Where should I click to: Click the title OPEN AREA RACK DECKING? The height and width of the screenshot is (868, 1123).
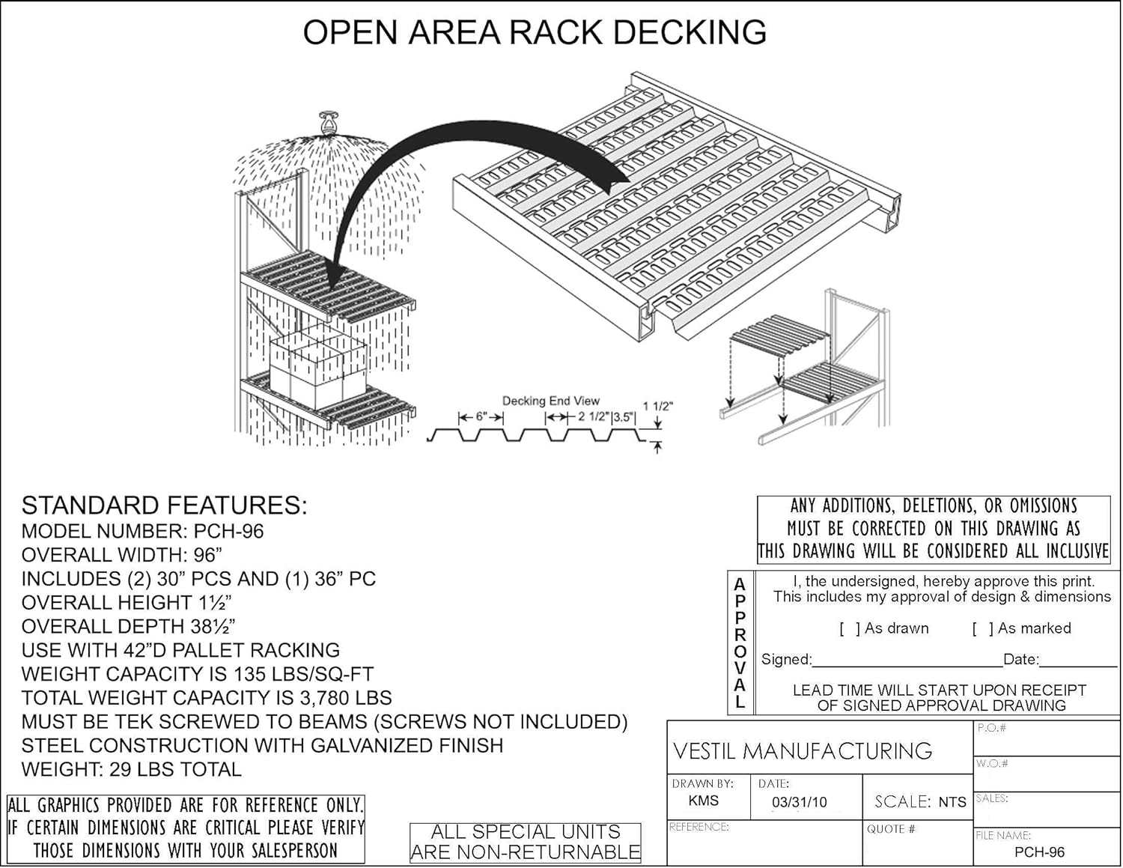click(x=535, y=33)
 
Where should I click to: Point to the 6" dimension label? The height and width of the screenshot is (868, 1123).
click(x=481, y=416)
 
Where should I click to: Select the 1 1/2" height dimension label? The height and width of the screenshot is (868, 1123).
click(x=657, y=407)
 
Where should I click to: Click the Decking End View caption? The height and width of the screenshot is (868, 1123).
click(x=550, y=401)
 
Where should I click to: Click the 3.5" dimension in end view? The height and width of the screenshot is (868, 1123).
click(x=624, y=417)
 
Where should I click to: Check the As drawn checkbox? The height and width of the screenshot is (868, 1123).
click(x=849, y=629)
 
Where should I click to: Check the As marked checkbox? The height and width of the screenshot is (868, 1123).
click(x=982, y=629)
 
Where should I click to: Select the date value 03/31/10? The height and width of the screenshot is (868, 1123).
click(x=799, y=802)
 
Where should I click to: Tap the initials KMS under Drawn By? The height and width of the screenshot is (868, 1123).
click(x=703, y=801)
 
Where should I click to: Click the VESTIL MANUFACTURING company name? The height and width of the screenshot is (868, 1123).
click(x=803, y=750)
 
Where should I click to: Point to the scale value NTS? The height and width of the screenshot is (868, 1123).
click(x=952, y=802)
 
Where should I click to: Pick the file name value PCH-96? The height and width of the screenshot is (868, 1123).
click(x=1039, y=852)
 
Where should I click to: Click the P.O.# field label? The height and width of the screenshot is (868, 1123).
click(x=991, y=728)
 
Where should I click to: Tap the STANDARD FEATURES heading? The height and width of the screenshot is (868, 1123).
click(x=164, y=506)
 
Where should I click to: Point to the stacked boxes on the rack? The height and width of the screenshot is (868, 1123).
click(x=317, y=367)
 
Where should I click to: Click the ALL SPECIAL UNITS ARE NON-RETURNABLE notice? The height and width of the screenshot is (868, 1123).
click(x=526, y=842)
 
